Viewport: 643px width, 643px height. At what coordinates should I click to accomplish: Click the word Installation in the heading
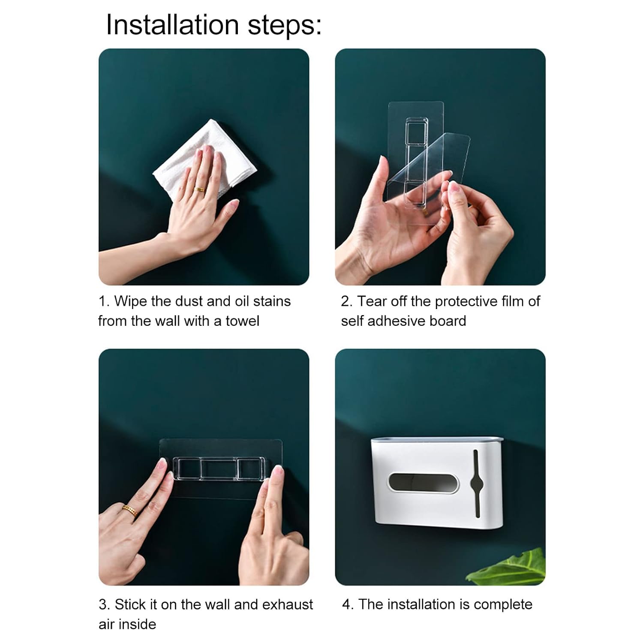pos(173,24)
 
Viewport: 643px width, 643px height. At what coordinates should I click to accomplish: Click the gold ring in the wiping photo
pos(199,189)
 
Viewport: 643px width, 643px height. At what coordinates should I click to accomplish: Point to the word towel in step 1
pos(242,321)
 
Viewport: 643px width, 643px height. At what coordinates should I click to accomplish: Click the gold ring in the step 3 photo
pos(129,510)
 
